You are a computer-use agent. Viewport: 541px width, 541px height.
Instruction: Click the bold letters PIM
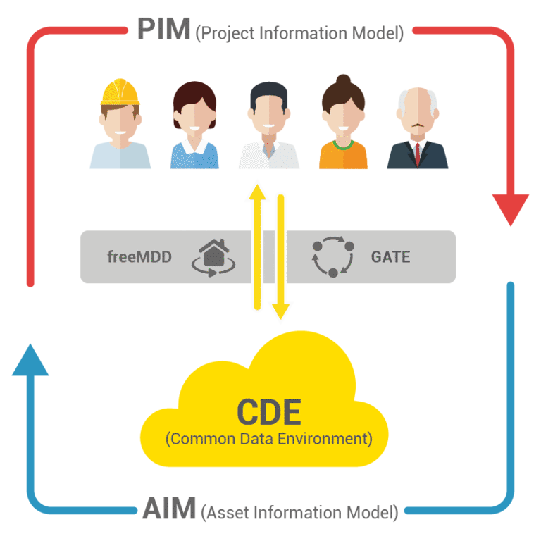coord(164,29)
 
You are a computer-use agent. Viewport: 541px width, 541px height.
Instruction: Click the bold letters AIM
coord(169,508)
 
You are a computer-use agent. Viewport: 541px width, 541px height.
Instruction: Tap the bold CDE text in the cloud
coord(269,411)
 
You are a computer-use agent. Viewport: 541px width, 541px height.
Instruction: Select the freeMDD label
coord(139,256)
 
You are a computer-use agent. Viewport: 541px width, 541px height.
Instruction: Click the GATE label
coord(390,256)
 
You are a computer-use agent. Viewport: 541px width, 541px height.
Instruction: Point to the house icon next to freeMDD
coord(213,257)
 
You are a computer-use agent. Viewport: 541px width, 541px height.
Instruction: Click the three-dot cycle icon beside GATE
coord(333,256)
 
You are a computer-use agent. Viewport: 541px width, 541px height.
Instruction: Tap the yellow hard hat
coord(120,92)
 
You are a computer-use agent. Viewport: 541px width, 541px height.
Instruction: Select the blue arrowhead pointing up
coord(30,360)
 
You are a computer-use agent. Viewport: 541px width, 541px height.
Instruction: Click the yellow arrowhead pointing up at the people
coord(257,192)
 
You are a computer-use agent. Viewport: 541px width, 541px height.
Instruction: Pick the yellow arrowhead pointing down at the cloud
coord(281,311)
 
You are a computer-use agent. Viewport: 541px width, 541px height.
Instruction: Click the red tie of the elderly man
coord(418,154)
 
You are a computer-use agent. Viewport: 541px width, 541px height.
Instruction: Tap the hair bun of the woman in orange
coord(343,80)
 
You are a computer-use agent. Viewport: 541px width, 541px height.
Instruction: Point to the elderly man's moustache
coord(418,125)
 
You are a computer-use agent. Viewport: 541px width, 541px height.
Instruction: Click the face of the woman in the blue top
coord(194,117)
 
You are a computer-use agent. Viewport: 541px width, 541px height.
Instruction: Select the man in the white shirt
coord(269,125)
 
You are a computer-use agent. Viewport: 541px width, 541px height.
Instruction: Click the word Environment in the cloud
coord(325,440)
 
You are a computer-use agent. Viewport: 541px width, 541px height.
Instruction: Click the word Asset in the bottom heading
coord(228,512)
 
